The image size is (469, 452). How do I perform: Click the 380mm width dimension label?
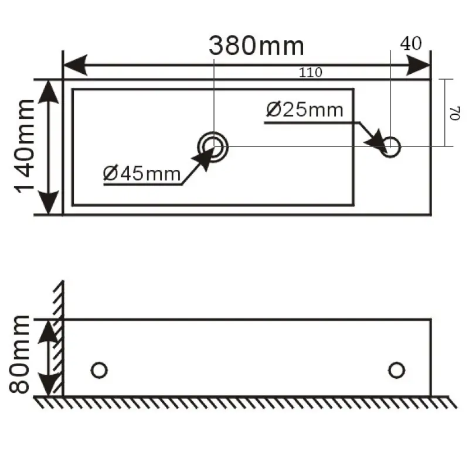(x=257, y=45)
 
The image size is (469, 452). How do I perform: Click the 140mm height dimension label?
(x=26, y=146)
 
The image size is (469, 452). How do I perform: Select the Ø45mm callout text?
(x=142, y=173)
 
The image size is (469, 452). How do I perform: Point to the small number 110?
(x=310, y=73)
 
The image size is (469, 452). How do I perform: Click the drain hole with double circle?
(x=213, y=146)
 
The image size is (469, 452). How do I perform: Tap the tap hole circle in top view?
(x=391, y=146)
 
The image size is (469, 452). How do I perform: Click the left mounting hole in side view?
(x=99, y=370)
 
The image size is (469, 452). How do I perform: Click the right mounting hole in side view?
(x=397, y=370)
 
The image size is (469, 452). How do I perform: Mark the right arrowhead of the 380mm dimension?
(x=419, y=66)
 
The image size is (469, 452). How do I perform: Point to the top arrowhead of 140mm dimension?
(x=49, y=91)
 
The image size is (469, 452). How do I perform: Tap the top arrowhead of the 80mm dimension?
(x=50, y=331)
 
